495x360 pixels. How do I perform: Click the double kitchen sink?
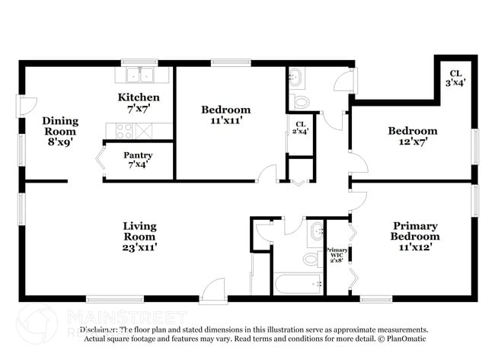[139, 75]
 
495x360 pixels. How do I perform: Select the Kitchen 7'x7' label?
[139, 103]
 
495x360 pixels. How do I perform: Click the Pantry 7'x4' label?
[139, 161]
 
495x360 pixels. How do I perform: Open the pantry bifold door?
[98, 161]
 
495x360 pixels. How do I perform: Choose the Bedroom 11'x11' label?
[225, 115]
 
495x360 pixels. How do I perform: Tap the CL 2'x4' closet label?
[300, 128]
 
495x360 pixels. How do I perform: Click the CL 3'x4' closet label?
[456, 77]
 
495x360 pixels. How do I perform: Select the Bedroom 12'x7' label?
[412, 136]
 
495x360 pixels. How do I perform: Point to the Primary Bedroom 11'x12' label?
[415, 231]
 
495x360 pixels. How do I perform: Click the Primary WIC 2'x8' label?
[337, 254]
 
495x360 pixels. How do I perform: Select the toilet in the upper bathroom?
[301, 100]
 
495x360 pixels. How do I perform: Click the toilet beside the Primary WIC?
[311, 259]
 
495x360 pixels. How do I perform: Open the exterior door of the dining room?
[27, 107]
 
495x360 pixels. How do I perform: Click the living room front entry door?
[214, 290]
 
